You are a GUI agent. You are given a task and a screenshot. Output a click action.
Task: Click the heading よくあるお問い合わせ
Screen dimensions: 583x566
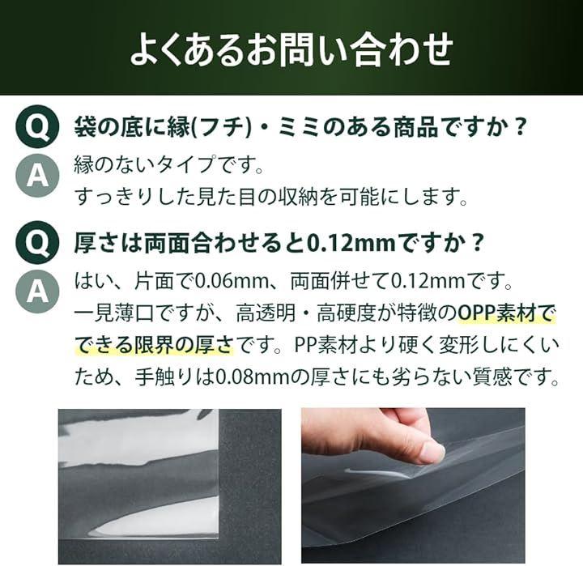291,49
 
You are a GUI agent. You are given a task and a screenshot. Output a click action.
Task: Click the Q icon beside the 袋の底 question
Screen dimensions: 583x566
37,126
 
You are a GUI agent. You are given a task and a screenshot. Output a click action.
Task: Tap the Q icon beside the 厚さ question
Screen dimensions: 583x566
37,242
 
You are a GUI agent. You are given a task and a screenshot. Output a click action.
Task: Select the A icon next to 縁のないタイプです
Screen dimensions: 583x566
37,176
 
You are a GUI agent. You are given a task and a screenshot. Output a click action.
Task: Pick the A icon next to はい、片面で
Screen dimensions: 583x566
37,291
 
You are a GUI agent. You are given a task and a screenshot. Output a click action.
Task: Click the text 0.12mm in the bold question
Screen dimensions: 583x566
351,243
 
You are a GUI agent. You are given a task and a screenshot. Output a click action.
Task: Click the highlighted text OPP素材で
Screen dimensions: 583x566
505,313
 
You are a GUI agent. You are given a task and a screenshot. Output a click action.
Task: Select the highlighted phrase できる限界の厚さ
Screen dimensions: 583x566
155,345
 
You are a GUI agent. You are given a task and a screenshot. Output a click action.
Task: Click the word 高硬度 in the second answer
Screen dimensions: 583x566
347,313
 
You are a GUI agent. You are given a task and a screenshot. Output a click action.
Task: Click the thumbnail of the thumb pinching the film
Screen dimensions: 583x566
413,485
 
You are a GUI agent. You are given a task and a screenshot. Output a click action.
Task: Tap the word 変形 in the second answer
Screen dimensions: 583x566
460,345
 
